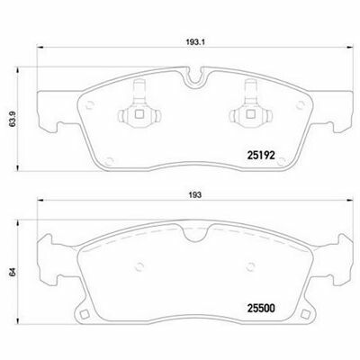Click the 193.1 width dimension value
(x=195, y=42)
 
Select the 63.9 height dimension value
(x=13, y=120)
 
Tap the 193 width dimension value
(x=195, y=195)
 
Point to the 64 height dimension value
(x=13, y=273)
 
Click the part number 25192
(x=261, y=155)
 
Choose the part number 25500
(x=261, y=308)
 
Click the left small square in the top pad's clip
(x=139, y=114)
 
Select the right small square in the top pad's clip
(x=250, y=114)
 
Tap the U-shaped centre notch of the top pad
(x=195, y=78)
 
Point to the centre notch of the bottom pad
(x=195, y=235)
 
